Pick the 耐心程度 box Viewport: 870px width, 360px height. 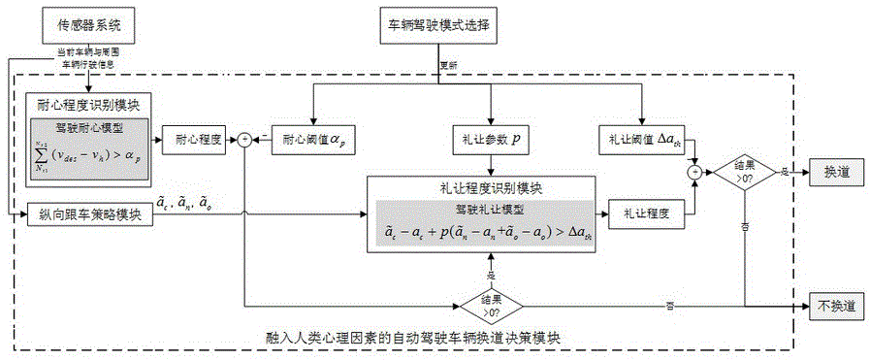click(193, 139)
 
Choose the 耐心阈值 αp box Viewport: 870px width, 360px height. click(309, 139)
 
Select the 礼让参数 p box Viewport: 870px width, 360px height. click(490, 139)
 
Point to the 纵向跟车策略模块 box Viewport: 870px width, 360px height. click(84, 214)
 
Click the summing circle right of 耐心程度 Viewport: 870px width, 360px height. click(244, 140)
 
